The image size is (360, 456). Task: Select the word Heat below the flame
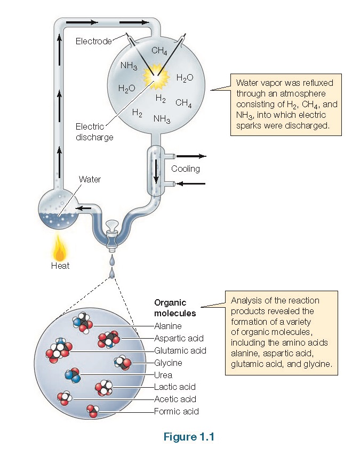[60, 266]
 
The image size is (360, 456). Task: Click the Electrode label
[93, 41]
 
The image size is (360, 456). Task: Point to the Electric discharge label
[94, 132]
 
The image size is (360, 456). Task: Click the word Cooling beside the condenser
[186, 169]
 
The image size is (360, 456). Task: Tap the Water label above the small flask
[90, 179]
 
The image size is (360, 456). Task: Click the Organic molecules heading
[175, 308]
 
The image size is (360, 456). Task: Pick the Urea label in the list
[163, 375]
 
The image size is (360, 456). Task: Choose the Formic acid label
[176, 411]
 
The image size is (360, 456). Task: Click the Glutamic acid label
[180, 350]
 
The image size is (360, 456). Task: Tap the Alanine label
[168, 326]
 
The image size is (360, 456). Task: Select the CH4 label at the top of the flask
[159, 51]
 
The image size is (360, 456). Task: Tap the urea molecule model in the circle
[73, 376]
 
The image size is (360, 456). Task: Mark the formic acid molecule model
[93, 411]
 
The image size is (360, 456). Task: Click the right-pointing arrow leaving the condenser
[190, 156]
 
